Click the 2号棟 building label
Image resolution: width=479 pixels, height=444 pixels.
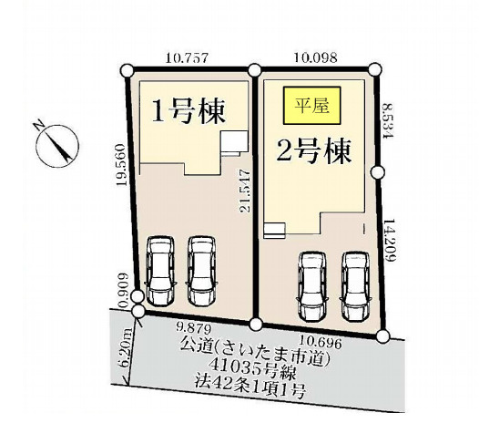(315, 149)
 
